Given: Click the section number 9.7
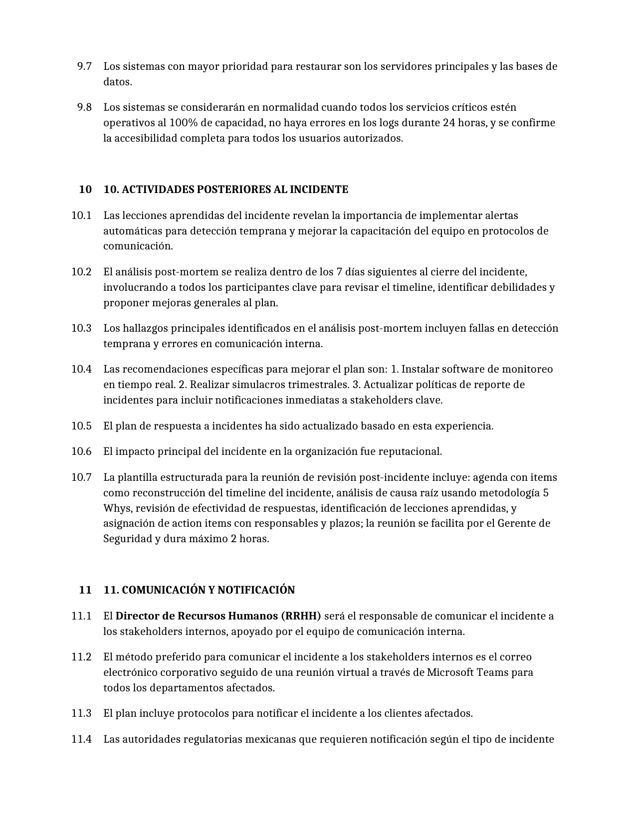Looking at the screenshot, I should [84, 66].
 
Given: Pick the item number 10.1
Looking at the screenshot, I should [81, 215].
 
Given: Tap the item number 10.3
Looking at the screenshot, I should [81, 328].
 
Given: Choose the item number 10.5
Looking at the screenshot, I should [81, 426].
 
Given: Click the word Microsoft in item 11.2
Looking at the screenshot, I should [451, 672].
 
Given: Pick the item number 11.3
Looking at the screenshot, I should [81, 713].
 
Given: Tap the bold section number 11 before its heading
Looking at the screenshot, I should [85, 590].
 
